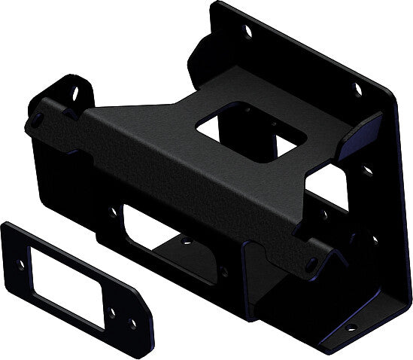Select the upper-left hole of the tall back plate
(245, 31)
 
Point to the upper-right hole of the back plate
(357, 90)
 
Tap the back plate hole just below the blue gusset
(367, 170)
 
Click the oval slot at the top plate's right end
(311, 263)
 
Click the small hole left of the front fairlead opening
(112, 212)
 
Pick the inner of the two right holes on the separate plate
(113, 309)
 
